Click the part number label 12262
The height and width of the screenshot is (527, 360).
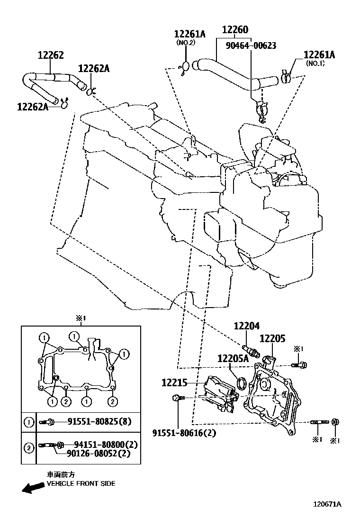point(51,55)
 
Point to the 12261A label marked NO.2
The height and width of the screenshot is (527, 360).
point(190,34)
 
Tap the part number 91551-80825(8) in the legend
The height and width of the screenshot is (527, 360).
point(99,421)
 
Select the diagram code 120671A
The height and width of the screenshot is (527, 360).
point(326,505)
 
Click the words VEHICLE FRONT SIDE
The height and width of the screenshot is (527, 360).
point(81,484)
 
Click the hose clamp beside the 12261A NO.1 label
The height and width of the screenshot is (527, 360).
point(286,76)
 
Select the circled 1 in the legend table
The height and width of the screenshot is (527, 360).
point(29,421)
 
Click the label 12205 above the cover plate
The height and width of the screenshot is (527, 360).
point(272,339)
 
